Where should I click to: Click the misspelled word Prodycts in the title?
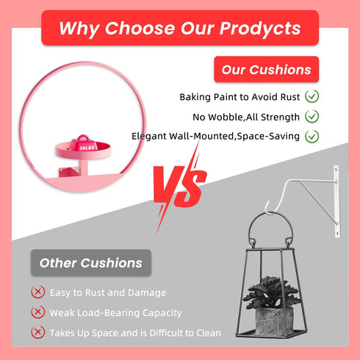point(260,29)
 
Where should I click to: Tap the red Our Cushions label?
point(267,69)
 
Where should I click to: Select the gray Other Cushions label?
point(91,263)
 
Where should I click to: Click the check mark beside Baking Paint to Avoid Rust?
point(312,96)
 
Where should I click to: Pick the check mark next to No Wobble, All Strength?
point(312,116)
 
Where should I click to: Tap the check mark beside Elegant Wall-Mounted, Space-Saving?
point(312,136)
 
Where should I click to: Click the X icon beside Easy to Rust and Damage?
point(38,292)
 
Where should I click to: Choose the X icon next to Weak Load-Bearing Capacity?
point(38,312)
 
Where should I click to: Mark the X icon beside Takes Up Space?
point(38,332)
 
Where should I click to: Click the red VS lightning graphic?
point(180,187)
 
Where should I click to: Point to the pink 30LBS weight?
point(83,143)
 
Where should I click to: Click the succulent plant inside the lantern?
point(271,292)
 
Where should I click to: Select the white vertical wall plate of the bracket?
point(337,201)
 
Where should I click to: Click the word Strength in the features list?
point(280,118)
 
